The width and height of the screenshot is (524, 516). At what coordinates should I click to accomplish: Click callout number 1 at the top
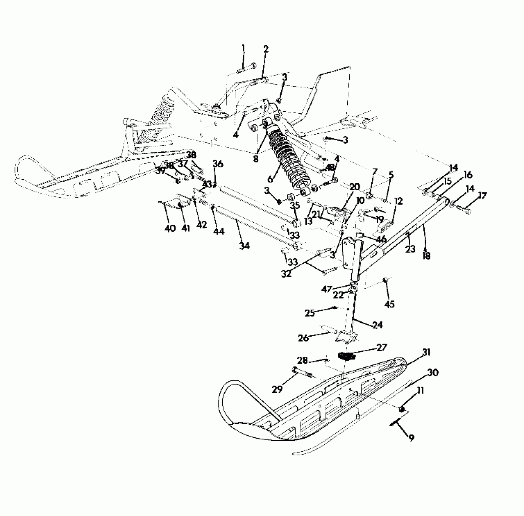coord(243,48)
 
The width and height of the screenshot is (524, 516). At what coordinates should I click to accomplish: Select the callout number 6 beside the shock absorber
coord(270,179)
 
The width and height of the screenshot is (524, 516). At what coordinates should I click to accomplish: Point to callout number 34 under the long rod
coord(244,246)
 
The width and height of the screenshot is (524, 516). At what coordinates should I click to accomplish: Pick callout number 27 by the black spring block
coord(381,347)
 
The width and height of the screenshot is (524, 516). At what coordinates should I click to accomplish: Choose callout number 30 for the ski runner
coord(433,372)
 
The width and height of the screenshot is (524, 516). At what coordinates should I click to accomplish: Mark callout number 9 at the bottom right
coord(411,437)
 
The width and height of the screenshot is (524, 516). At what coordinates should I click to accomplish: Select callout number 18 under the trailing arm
coord(426,256)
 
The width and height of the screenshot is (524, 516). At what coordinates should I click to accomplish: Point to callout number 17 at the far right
coord(482,196)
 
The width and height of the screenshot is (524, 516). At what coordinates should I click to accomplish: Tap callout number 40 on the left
coord(170,228)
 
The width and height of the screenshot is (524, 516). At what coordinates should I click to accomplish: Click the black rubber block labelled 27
coord(346,356)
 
